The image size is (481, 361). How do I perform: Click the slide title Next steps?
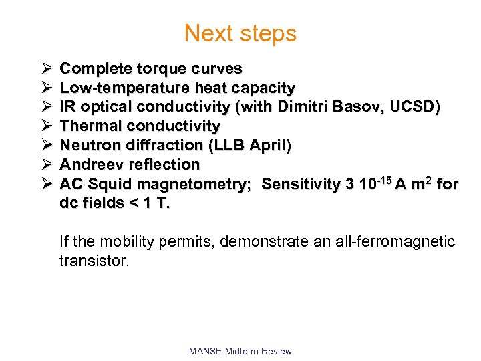point(240,33)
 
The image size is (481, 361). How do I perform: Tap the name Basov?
point(365,107)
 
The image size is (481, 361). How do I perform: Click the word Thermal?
point(90,126)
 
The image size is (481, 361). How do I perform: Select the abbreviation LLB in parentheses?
point(234,145)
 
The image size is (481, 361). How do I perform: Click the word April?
point(268,145)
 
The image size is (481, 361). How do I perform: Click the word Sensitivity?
point(301,184)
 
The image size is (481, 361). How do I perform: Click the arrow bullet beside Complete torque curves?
point(45,68)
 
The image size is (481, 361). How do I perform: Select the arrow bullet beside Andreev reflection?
point(45,164)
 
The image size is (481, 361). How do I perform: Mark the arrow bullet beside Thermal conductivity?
point(45,126)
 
